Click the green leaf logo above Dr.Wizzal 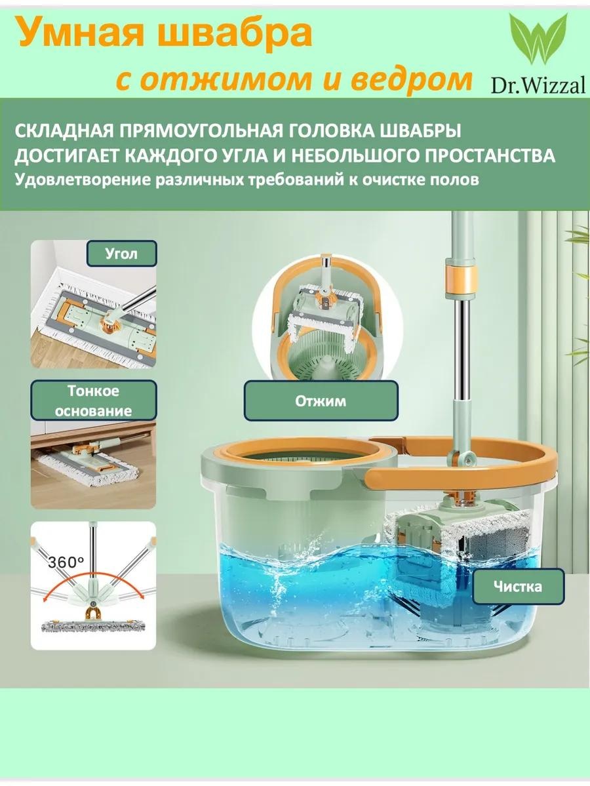tap(538, 39)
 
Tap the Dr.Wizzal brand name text tap(538, 84)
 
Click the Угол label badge tap(121, 254)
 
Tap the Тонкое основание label tap(93, 401)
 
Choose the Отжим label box tap(321, 401)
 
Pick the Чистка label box tap(518, 586)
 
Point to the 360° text tap(66, 562)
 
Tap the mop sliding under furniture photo tap(93, 464)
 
